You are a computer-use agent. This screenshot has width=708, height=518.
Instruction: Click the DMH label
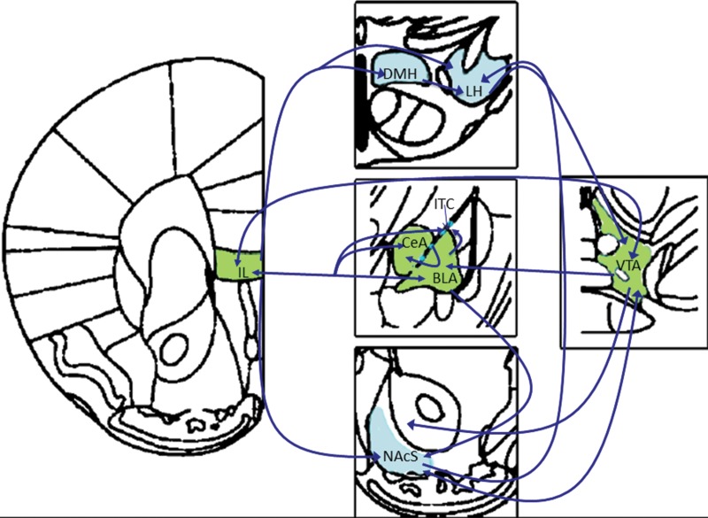399,75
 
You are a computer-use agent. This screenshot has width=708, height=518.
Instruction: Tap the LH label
473,90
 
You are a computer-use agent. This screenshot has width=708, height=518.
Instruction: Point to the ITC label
444,205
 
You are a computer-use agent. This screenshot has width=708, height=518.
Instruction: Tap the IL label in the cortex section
242,272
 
